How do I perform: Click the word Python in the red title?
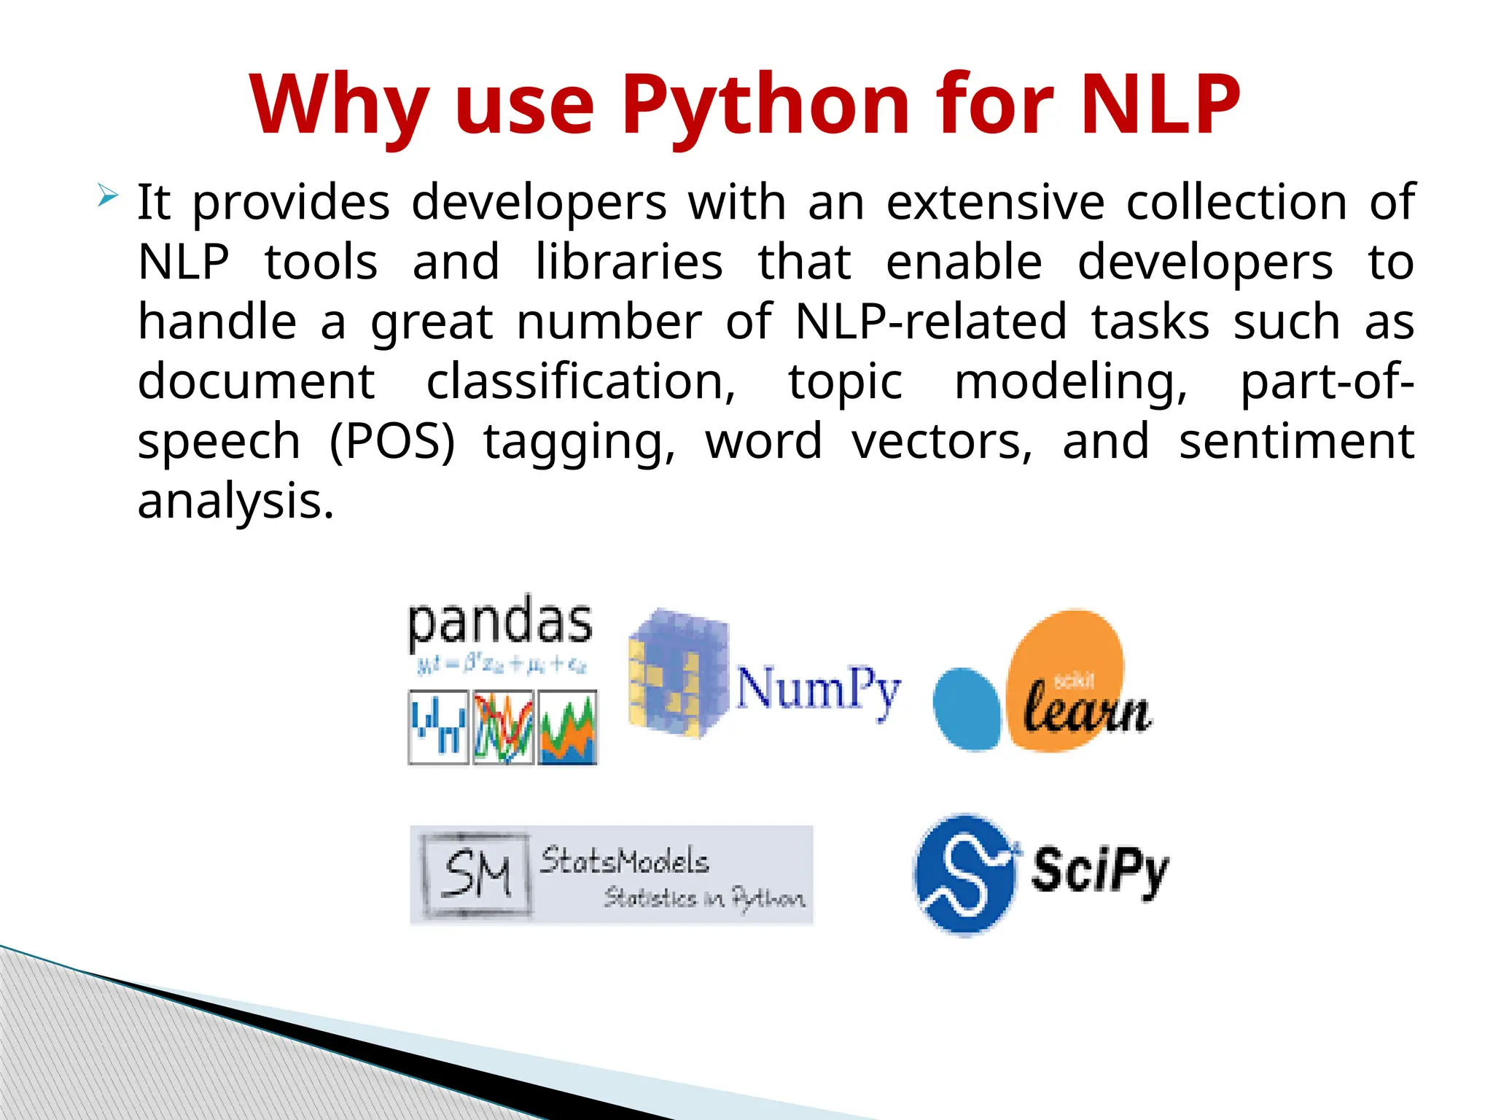[x=765, y=106]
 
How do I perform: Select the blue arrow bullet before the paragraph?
[x=107, y=195]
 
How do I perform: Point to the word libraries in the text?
[x=629, y=262]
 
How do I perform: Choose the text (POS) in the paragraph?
[x=392, y=441]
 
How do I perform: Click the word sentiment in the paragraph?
[x=1296, y=441]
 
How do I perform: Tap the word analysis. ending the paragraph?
[x=235, y=501]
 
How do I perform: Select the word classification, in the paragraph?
[x=581, y=381]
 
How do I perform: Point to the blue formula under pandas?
[x=502, y=664]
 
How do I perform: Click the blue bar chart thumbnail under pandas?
[x=438, y=728]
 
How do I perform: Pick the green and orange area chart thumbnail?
[x=567, y=728]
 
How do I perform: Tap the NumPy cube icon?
[x=678, y=672]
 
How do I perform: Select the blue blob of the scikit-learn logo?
[x=967, y=709]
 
